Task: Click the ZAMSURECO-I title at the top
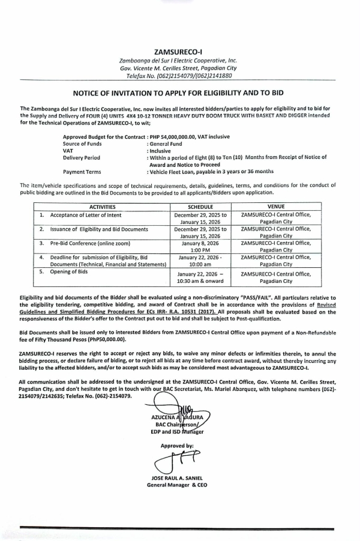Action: pyautogui.click(x=178, y=52)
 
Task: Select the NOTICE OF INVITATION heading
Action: pyautogui.click(x=178, y=94)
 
